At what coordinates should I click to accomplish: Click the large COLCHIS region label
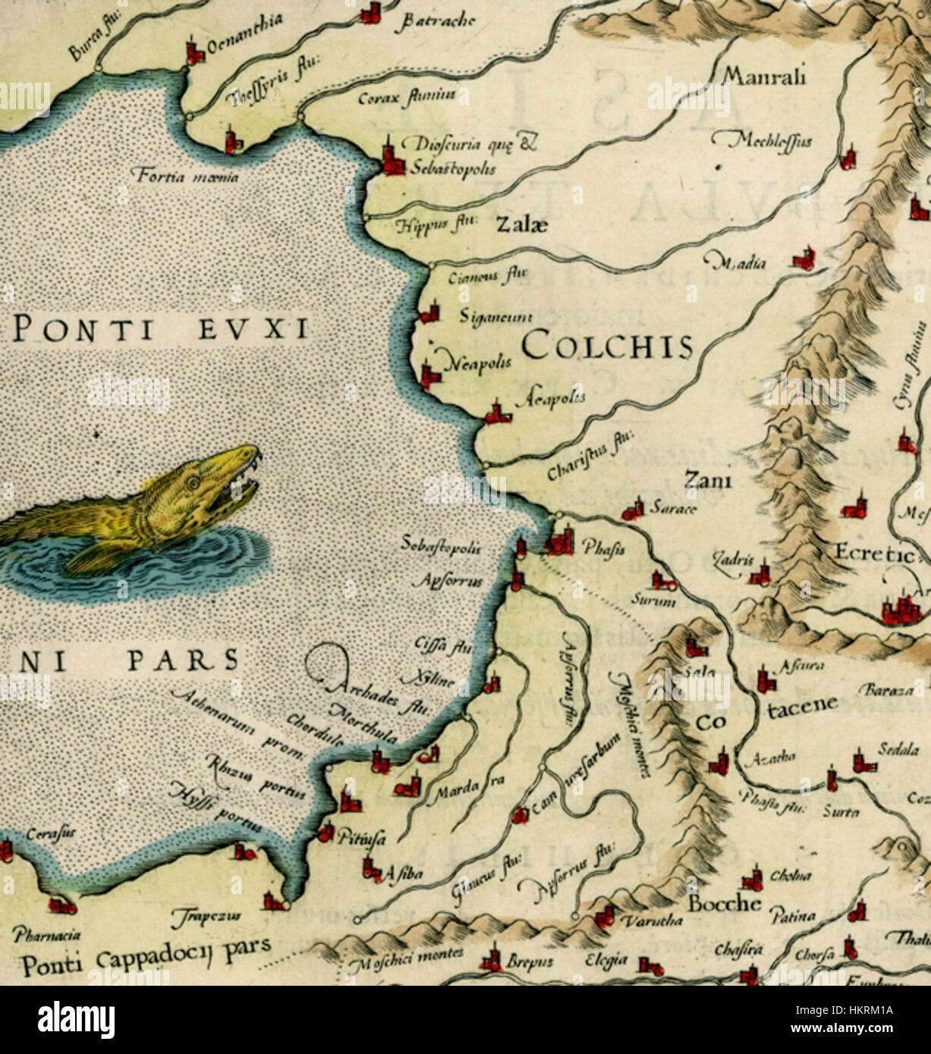[607, 347]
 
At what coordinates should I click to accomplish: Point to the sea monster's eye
[193, 481]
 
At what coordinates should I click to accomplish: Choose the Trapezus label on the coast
[210, 916]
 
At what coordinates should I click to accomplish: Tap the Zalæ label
[521, 224]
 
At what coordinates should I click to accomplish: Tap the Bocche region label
[724, 903]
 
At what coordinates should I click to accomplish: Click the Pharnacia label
[46, 936]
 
